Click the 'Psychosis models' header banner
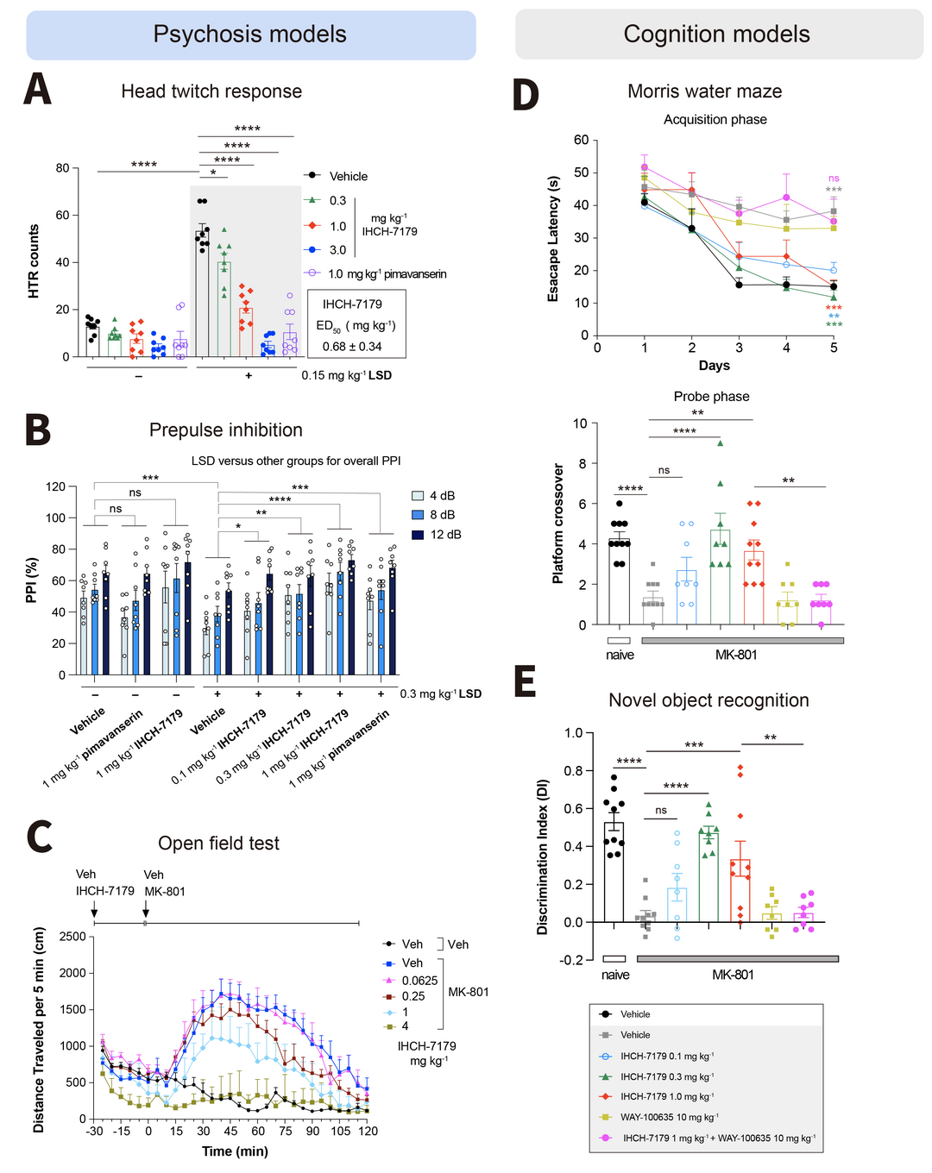(250, 34)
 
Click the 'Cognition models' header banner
(717, 34)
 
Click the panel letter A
(38, 89)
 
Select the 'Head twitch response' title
(211, 91)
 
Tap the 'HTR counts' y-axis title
(34, 261)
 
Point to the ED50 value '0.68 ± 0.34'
(352, 347)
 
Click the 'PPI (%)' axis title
(33, 580)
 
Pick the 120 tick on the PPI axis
(55, 486)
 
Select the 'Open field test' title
(218, 844)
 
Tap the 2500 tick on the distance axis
(72, 937)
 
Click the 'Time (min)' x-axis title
(235, 1151)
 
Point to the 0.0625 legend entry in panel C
(419, 981)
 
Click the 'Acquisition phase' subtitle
(715, 120)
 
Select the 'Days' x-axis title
(714, 366)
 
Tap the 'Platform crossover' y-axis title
(557, 524)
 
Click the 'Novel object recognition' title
(708, 700)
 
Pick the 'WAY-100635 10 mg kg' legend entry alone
(669, 1117)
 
